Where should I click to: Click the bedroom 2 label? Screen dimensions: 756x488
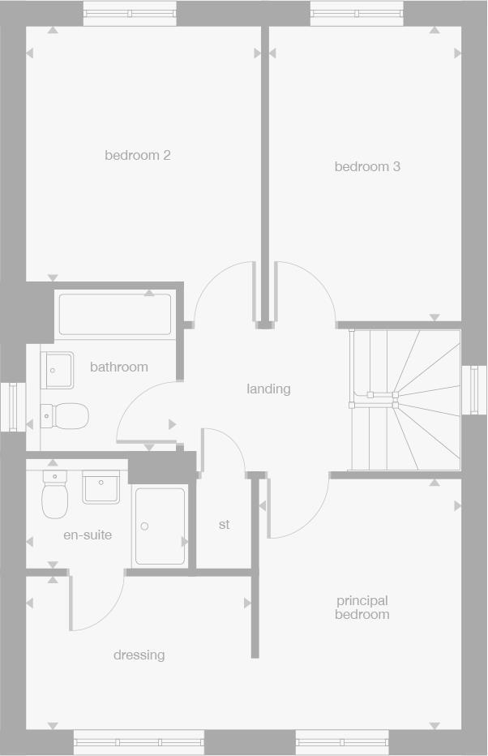click(x=138, y=155)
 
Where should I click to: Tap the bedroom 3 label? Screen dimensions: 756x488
click(x=367, y=166)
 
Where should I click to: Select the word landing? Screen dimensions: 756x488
click(x=268, y=389)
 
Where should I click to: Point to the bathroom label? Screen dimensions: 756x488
click(x=119, y=367)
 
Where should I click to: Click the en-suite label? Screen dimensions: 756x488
click(x=88, y=535)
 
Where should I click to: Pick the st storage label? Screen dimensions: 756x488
click(x=224, y=525)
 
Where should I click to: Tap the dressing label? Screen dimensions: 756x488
click(x=139, y=655)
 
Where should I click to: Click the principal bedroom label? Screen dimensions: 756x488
click(x=362, y=608)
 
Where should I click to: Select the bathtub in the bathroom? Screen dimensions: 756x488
click(x=115, y=315)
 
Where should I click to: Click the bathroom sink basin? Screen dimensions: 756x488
click(x=57, y=370)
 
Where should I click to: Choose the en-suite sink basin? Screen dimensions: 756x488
click(x=101, y=487)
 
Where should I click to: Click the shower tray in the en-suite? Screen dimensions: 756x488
click(x=160, y=526)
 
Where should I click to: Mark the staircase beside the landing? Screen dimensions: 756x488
click(x=405, y=399)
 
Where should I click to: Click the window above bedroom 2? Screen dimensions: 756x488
click(x=130, y=14)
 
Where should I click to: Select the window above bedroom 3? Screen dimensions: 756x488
click(x=356, y=14)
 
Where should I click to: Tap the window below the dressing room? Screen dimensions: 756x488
click(x=139, y=741)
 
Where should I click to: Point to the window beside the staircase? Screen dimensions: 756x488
click(x=474, y=390)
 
